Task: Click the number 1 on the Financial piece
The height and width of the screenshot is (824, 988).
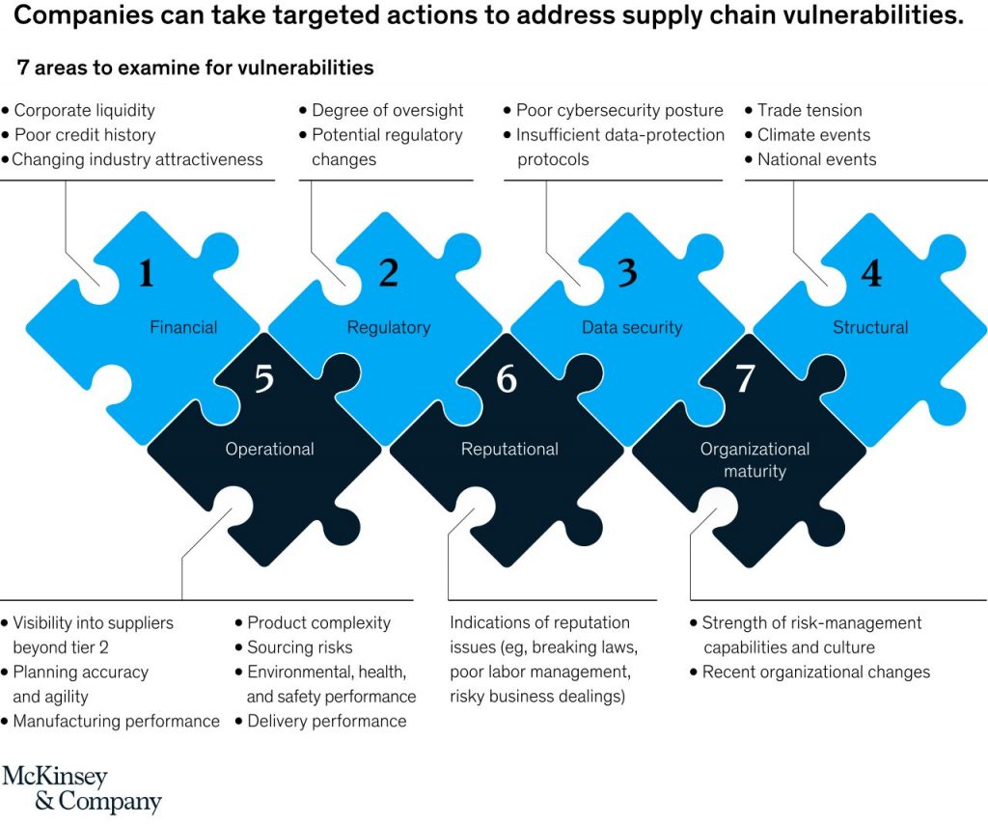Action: click(146, 274)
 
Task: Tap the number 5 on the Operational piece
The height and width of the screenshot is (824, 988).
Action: click(264, 378)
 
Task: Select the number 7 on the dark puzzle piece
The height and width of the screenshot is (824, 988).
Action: click(745, 379)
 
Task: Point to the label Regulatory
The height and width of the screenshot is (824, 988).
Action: click(388, 327)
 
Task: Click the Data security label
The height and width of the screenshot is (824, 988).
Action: click(631, 327)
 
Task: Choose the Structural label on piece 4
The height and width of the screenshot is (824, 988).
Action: click(870, 327)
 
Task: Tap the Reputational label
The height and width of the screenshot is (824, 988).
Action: click(509, 449)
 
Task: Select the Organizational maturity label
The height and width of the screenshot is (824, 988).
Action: click(755, 460)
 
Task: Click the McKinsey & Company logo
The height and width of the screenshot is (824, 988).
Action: click(82, 789)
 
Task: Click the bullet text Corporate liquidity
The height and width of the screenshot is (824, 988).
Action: click(84, 110)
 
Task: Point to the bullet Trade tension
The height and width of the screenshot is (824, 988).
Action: click(810, 110)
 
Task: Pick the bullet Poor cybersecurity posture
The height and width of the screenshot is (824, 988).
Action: click(619, 110)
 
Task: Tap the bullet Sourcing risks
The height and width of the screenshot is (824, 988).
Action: click(300, 647)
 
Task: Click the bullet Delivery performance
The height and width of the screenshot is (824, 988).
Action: click(327, 721)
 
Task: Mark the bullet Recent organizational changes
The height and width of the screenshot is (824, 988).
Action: click(816, 672)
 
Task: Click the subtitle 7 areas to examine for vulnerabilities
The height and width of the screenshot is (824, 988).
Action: click(196, 68)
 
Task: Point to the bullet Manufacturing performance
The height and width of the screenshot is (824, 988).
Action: click(116, 721)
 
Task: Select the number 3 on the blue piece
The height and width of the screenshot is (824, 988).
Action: click(627, 274)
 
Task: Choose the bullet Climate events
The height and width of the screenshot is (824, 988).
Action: click(813, 135)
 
